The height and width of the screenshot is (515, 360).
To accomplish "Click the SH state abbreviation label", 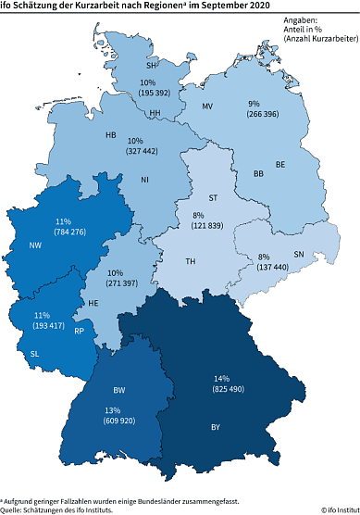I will click(152, 66).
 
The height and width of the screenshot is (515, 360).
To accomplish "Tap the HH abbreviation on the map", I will click(155, 113).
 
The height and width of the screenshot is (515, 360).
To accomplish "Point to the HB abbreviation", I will click(110, 135).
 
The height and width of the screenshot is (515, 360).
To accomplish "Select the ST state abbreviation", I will click(214, 197).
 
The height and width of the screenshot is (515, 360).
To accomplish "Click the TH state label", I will click(191, 262).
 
